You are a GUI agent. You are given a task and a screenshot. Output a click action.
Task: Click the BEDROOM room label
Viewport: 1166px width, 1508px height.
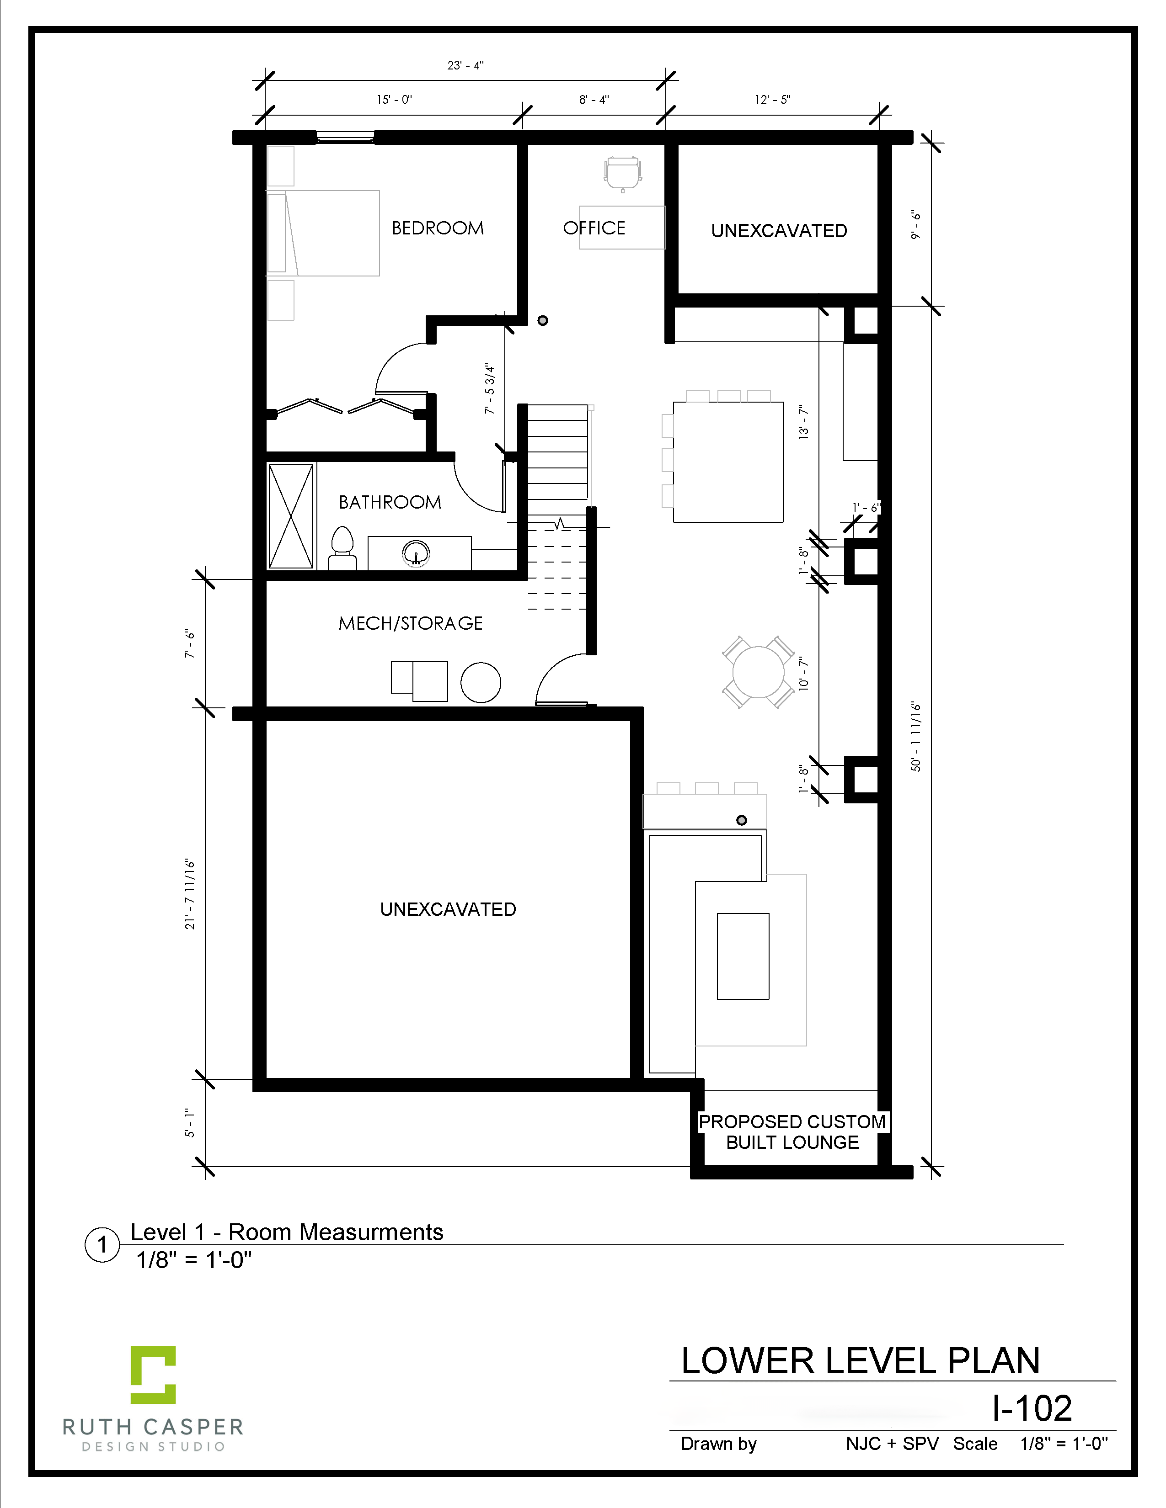point(438,228)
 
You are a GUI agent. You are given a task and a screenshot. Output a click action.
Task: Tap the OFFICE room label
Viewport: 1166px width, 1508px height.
point(594,228)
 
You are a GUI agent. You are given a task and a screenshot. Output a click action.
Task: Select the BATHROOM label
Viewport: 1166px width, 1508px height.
point(390,502)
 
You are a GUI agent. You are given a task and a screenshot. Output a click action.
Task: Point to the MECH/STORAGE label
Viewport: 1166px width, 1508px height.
point(410,623)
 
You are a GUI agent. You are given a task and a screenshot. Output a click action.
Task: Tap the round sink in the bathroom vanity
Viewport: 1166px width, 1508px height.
point(416,553)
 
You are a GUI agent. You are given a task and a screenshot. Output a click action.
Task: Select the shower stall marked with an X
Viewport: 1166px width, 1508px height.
point(291,516)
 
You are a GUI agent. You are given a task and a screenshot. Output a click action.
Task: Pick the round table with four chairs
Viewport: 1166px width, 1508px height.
point(759,672)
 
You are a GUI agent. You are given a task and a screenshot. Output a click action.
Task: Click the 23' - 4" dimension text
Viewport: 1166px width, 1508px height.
point(465,66)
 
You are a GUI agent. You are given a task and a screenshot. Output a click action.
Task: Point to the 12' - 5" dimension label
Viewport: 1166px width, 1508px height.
point(772,100)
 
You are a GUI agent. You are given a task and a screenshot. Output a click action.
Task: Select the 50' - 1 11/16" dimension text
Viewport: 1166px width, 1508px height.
point(916,737)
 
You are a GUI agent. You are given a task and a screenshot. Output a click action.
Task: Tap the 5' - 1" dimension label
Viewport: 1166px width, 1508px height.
point(190,1123)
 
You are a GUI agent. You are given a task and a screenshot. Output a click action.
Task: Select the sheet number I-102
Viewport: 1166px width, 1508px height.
point(1032,1408)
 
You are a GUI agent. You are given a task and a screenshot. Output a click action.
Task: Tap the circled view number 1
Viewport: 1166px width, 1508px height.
point(102,1245)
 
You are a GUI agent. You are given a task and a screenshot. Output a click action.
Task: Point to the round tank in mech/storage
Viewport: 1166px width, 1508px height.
point(481,682)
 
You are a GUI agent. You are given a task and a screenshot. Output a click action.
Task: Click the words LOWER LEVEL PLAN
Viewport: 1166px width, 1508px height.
point(861,1361)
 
